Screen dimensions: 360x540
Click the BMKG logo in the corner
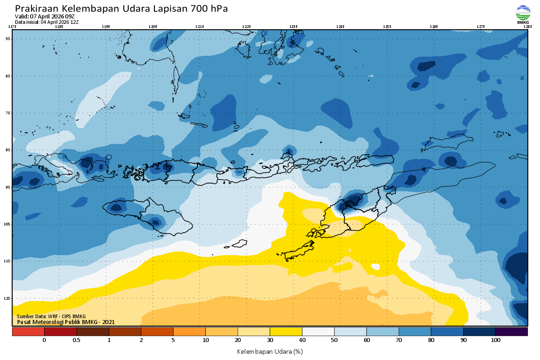(x=522, y=14)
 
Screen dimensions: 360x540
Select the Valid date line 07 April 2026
(x=45, y=17)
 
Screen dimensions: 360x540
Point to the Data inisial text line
(x=47, y=22)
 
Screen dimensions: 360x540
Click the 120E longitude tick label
(x=153, y=27)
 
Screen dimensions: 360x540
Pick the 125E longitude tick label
(x=387, y=27)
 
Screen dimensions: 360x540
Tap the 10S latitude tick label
(x=8, y=224)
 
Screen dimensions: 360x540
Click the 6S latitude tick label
(x=8, y=76)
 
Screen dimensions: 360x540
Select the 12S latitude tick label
(x=8, y=298)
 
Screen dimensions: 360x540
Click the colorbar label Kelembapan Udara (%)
(x=270, y=351)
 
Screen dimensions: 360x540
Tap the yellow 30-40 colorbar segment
(x=286, y=332)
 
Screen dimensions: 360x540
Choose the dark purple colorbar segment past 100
(x=511, y=332)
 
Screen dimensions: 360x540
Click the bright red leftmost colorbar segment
(x=28, y=332)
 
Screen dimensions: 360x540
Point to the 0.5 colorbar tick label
(x=76, y=340)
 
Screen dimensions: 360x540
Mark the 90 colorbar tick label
(x=463, y=340)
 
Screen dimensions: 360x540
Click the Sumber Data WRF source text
(x=51, y=316)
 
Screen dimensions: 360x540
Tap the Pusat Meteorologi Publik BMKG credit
(x=66, y=322)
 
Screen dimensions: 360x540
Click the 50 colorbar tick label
(x=334, y=340)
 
